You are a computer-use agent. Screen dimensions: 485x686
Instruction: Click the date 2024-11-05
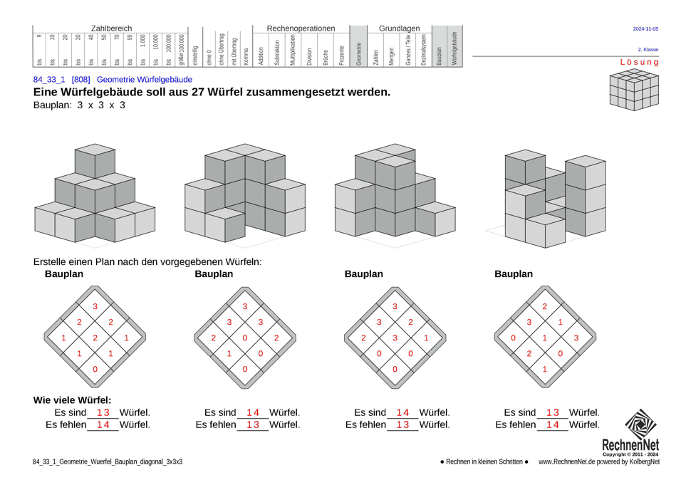click(645, 29)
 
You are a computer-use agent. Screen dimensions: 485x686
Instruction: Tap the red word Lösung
click(639, 62)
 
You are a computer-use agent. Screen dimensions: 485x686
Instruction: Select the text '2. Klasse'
click(648, 50)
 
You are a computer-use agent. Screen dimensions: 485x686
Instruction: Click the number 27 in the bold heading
click(199, 93)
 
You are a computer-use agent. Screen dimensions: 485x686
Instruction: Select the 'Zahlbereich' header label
click(111, 28)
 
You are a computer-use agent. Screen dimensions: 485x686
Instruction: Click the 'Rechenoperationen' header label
click(300, 28)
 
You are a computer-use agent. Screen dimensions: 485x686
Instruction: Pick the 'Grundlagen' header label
click(399, 28)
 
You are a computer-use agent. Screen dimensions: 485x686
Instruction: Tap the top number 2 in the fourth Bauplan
click(545, 306)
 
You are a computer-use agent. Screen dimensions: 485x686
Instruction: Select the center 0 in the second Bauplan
click(245, 338)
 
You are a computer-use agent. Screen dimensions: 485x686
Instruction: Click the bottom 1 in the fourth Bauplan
click(545, 369)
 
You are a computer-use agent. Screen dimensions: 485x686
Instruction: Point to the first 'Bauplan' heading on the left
click(64, 274)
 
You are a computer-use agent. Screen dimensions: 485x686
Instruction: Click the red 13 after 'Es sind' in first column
click(103, 412)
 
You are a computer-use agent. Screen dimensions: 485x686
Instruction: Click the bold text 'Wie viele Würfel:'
click(72, 400)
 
